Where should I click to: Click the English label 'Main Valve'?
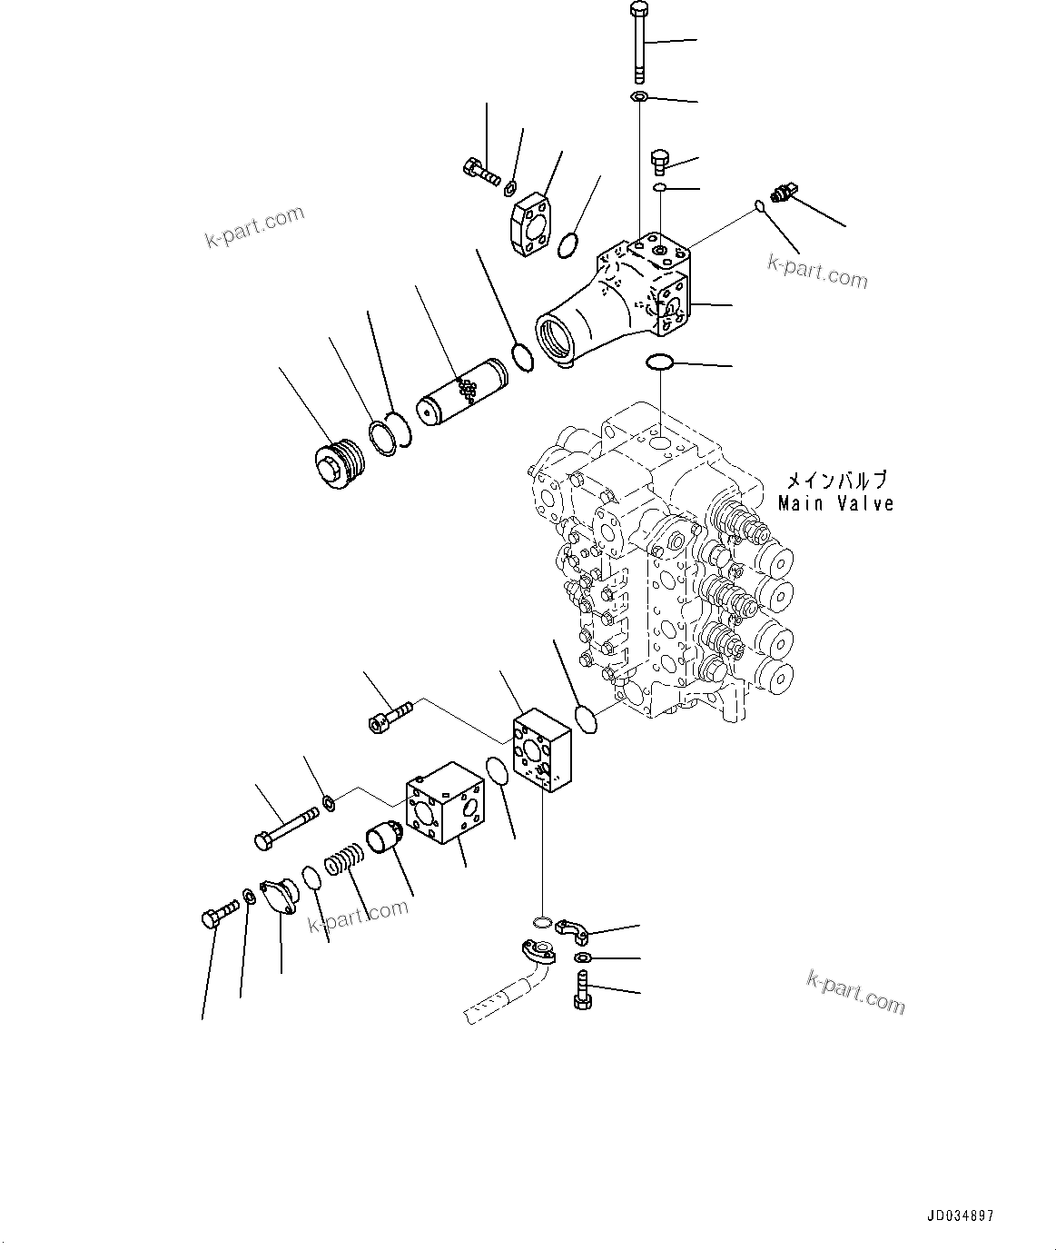click(x=835, y=503)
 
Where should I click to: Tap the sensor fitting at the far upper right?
click(x=782, y=193)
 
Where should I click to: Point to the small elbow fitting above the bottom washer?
click(x=573, y=931)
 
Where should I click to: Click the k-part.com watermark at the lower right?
click(x=855, y=989)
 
